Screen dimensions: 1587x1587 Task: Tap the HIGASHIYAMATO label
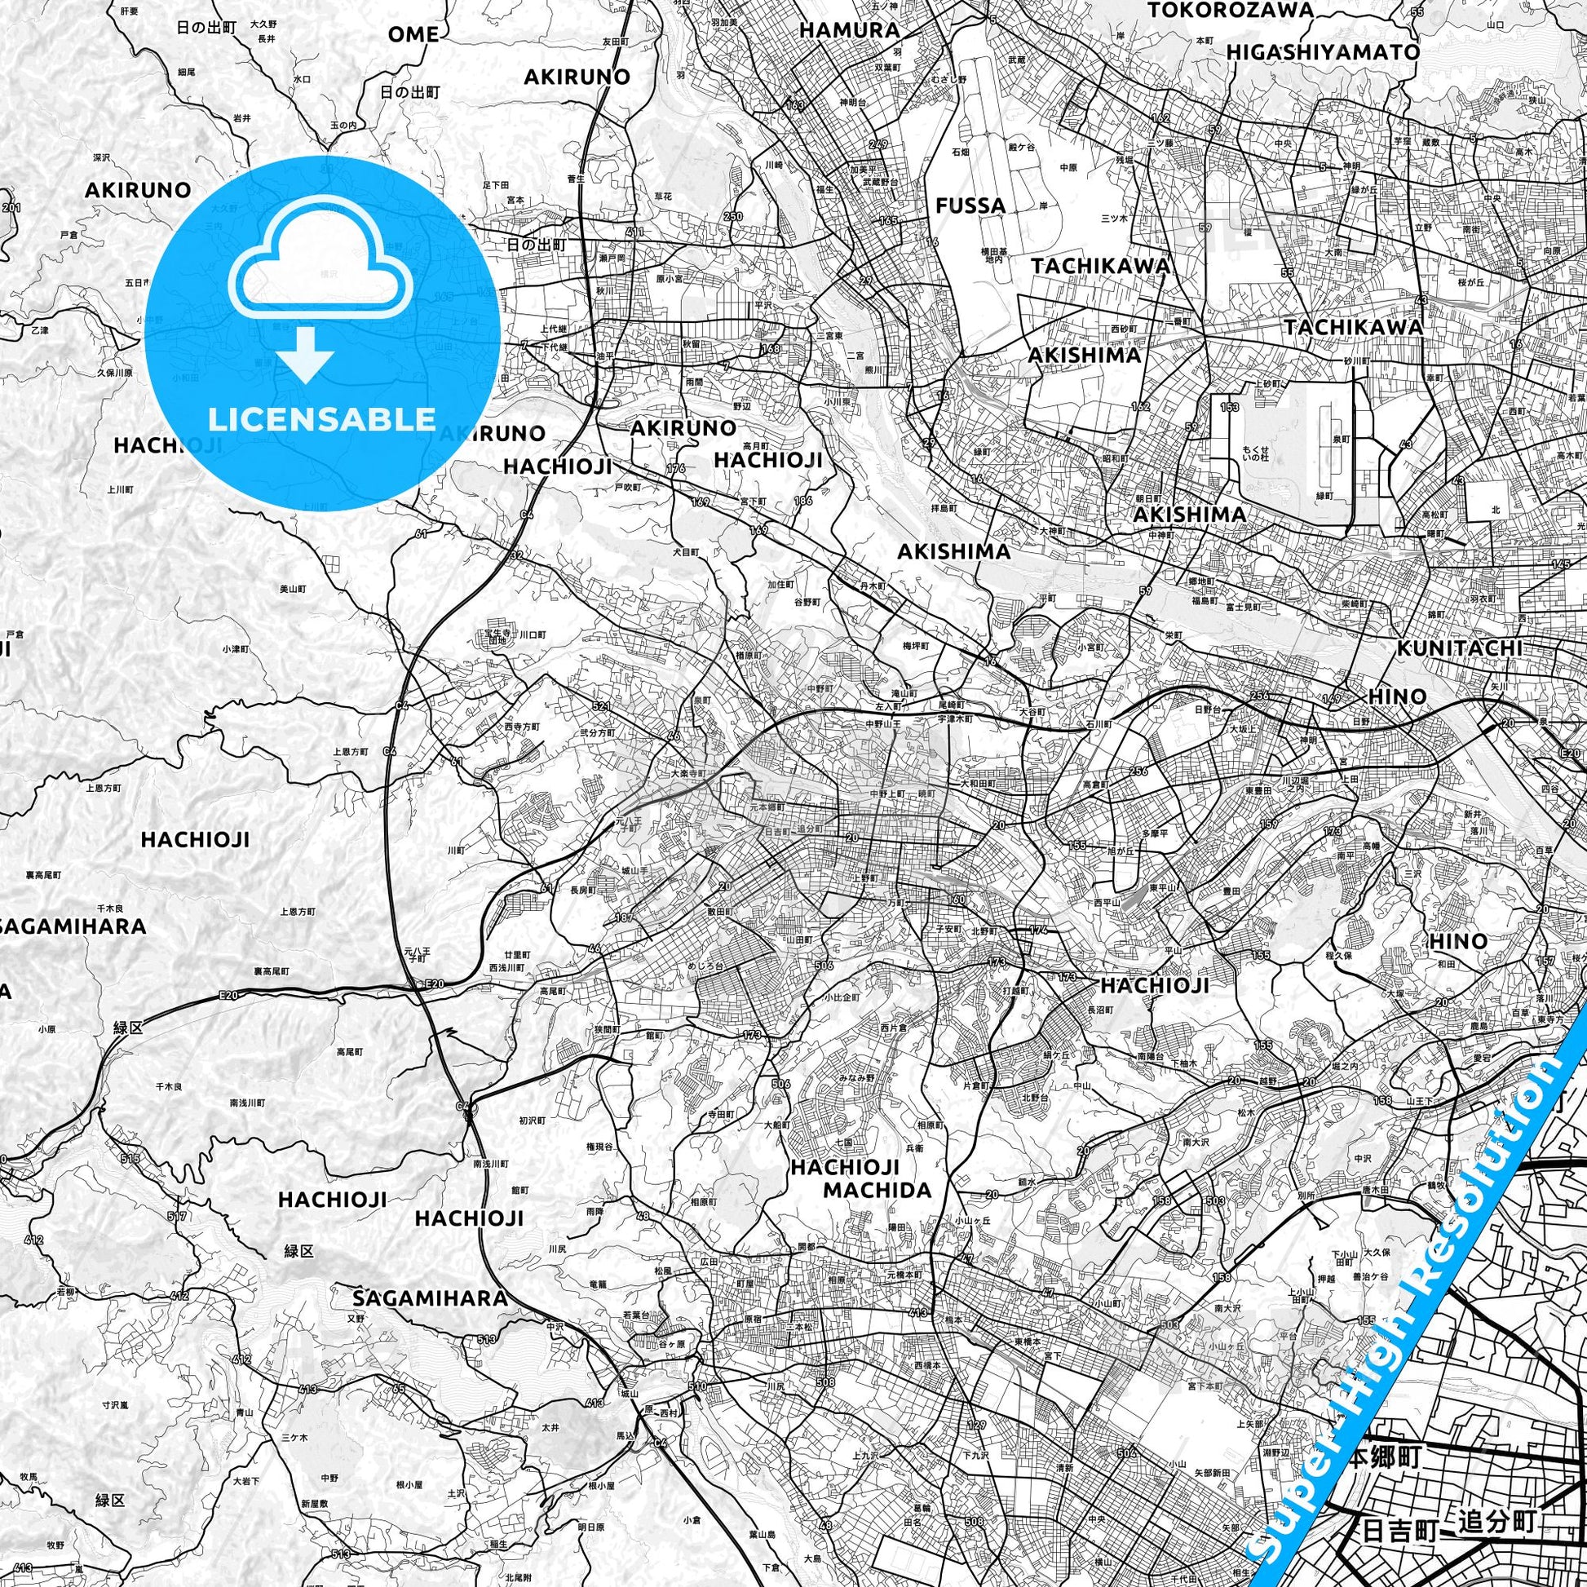click(1323, 51)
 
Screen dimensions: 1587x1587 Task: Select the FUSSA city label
click(970, 206)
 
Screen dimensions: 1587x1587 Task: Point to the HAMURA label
click(849, 30)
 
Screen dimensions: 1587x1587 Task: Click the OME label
click(413, 34)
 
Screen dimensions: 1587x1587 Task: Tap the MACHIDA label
click(877, 1189)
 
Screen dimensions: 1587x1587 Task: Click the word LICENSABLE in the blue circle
click(321, 420)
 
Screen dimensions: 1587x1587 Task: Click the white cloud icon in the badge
click(323, 267)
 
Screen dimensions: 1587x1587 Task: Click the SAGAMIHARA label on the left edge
click(73, 926)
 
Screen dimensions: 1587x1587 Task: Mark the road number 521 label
click(600, 706)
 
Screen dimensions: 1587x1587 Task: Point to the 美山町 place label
click(293, 589)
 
